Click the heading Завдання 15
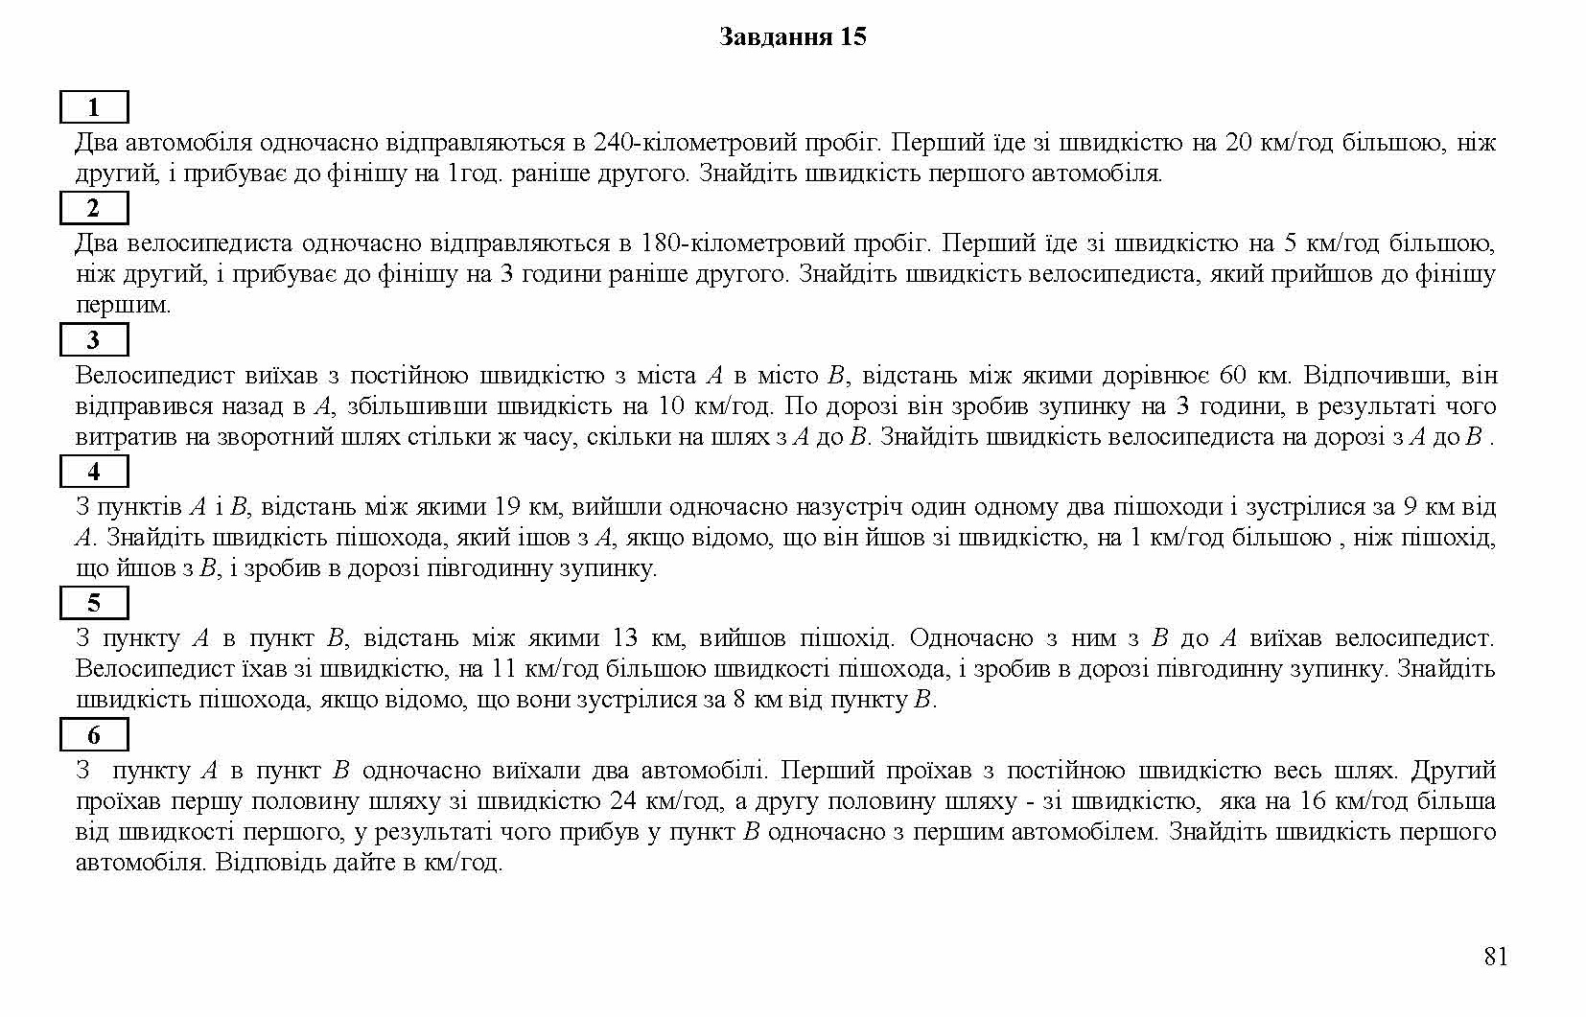point(792,37)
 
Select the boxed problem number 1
point(94,107)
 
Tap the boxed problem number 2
point(94,208)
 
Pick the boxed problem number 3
point(94,339)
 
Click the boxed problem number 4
point(94,472)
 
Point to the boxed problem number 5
point(94,603)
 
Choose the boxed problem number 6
point(94,735)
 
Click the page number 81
point(1495,957)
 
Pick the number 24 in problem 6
point(623,800)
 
